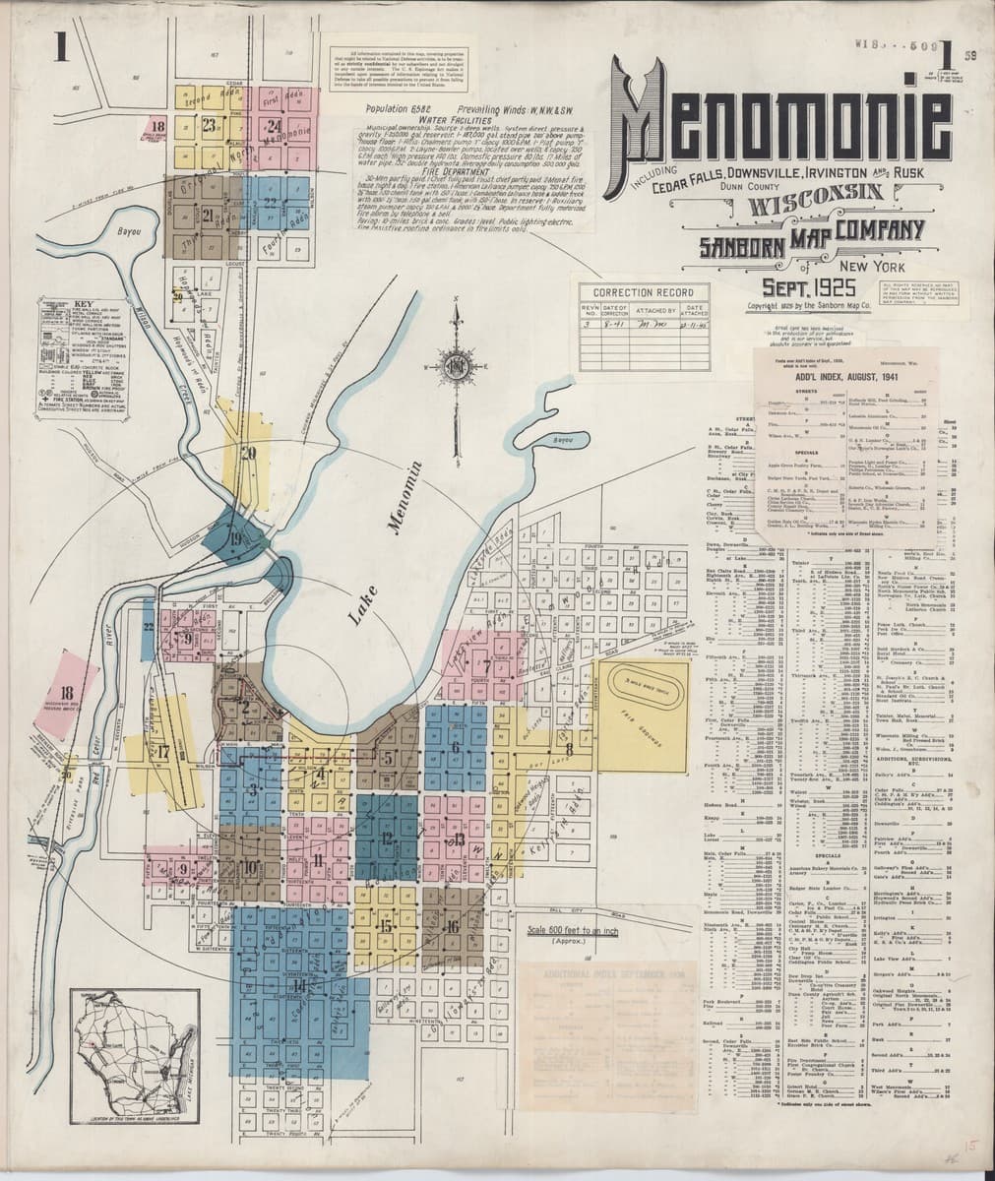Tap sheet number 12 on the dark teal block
386,839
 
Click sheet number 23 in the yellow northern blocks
209,124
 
